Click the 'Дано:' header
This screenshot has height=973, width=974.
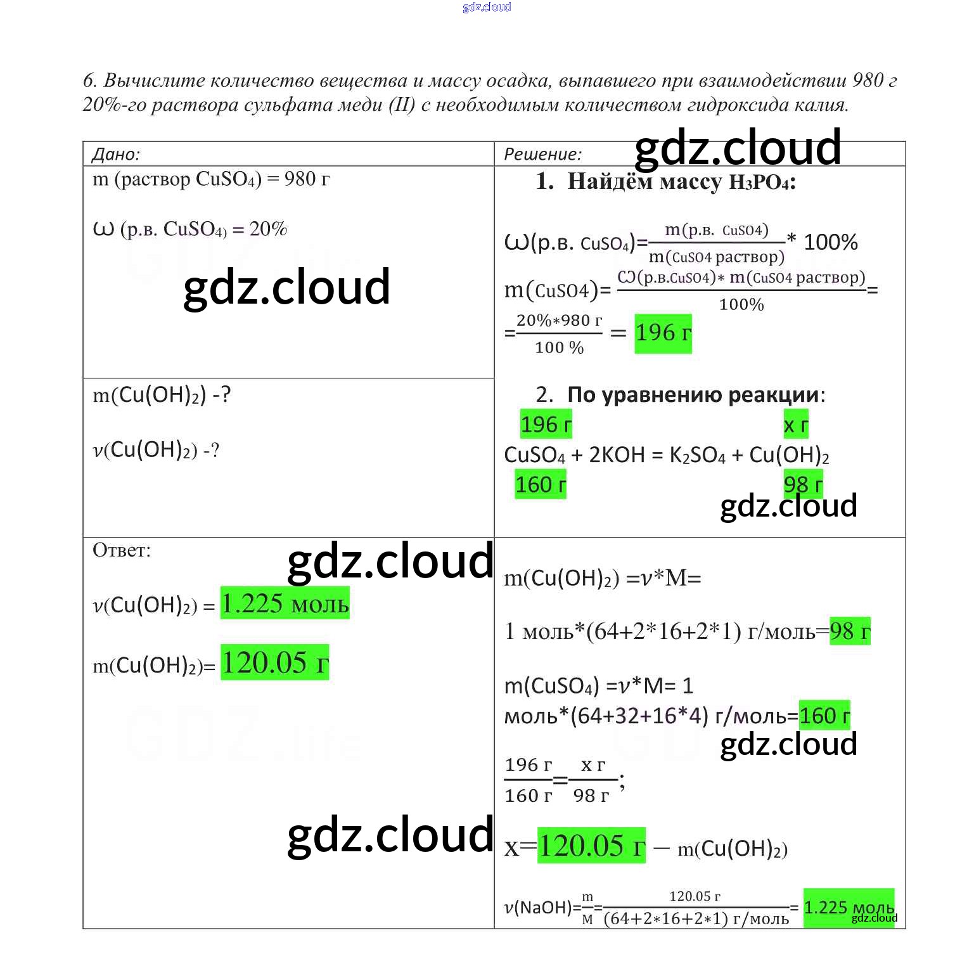(116, 154)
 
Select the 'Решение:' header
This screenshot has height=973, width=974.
(542, 154)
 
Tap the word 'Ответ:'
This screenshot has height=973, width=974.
(122, 550)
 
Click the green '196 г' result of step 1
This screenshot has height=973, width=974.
(663, 333)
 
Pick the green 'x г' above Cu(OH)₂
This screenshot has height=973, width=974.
(796, 425)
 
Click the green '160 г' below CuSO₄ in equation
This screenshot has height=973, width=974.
(540, 485)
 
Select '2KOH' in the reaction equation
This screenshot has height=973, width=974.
(617, 455)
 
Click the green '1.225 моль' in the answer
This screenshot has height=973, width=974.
(285, 603)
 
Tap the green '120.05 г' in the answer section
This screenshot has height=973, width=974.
(274, 663)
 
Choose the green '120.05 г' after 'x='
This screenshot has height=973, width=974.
(591, 846)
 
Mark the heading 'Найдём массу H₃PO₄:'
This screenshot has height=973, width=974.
(681, 182)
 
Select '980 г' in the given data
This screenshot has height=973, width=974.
(307, 179)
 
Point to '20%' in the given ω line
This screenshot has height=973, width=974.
(268, 229)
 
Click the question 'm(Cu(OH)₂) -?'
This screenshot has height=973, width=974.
(162, 396)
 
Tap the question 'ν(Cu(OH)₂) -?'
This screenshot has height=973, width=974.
(156, 450)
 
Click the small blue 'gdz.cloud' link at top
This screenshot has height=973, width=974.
(487, 7)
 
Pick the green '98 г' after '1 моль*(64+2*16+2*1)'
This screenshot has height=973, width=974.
(849, 631)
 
